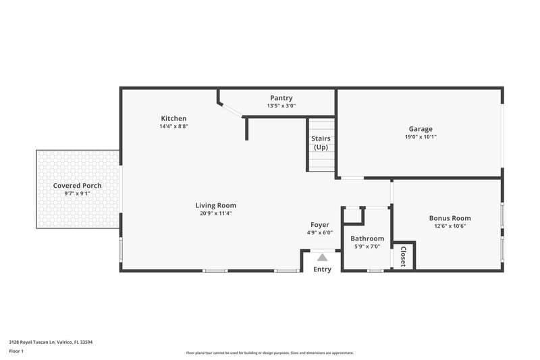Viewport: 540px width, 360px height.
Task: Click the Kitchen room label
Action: [x=173, y=118]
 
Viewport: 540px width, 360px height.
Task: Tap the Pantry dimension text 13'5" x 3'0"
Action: [x=281, y=106]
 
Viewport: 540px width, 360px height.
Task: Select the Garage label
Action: [x=421, y=129]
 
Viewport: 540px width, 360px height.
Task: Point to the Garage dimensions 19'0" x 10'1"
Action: [x=421, y=136]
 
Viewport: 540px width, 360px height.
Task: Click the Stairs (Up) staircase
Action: [x=321, y=145]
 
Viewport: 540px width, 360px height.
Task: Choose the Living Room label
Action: [x=216, y=205]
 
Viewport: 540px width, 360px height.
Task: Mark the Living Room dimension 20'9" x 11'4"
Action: [x=216, y=213]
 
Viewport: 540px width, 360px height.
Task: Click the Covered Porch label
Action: [x=78, y=185]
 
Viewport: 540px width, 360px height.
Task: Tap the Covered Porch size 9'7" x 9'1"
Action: [x=78, y=193]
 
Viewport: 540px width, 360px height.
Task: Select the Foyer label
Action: [x=320, y=225]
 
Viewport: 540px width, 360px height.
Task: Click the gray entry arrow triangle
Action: [x=323, y=257]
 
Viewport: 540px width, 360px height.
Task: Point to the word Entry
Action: [x=323, y=269]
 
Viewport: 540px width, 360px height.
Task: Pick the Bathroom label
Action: [x=367, y=238]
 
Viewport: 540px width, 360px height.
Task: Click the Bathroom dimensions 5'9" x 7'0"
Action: [x=367, y=247]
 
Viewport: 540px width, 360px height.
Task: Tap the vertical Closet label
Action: [x=403, y=256]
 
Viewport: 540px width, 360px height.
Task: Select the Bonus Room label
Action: [x=450, y=218]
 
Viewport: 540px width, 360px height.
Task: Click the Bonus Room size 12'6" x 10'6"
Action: [x=450, y=226]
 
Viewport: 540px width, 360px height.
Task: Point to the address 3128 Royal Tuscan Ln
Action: [x=51, y=342]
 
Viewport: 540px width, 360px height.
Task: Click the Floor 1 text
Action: [x=16, y=352]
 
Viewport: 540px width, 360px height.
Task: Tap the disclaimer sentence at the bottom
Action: [x=269, y=353]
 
